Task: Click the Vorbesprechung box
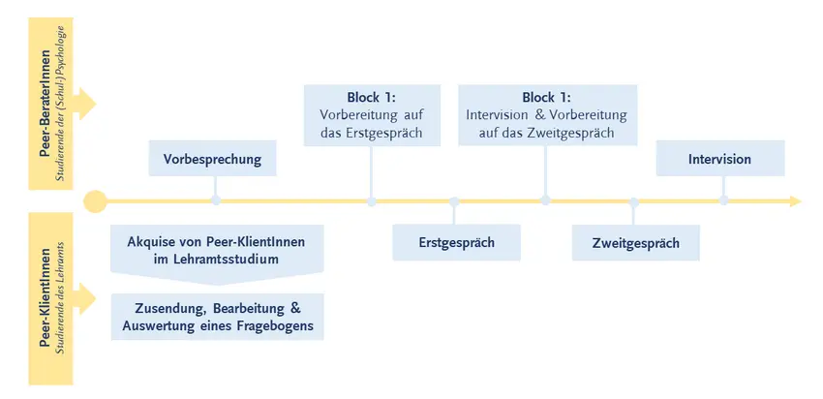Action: pos(213,158)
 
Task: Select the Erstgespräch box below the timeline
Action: pos(457,242)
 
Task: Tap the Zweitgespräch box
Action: pos(635,243)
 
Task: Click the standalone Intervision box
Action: pos(720,158)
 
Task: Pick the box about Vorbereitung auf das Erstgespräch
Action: pos(372,115)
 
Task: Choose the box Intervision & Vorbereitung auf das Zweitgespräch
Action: pos(547,115)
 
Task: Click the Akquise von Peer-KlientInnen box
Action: pos(217,255)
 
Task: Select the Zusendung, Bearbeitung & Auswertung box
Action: pos(217,317)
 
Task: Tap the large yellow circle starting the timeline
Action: pos(95,201)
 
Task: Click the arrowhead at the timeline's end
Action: pos(796,201)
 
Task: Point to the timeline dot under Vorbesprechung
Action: pos(216,200)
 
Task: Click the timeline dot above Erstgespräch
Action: pos(454,202)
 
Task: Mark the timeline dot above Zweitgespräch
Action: pos(634,202)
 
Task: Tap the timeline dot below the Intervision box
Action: pos(724,200)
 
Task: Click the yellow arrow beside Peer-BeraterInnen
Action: pos(84,104)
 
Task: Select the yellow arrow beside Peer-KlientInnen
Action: pos(84,298)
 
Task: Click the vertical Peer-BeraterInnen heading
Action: pos(46,103)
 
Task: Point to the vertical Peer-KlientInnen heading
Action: pos(46,298)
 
